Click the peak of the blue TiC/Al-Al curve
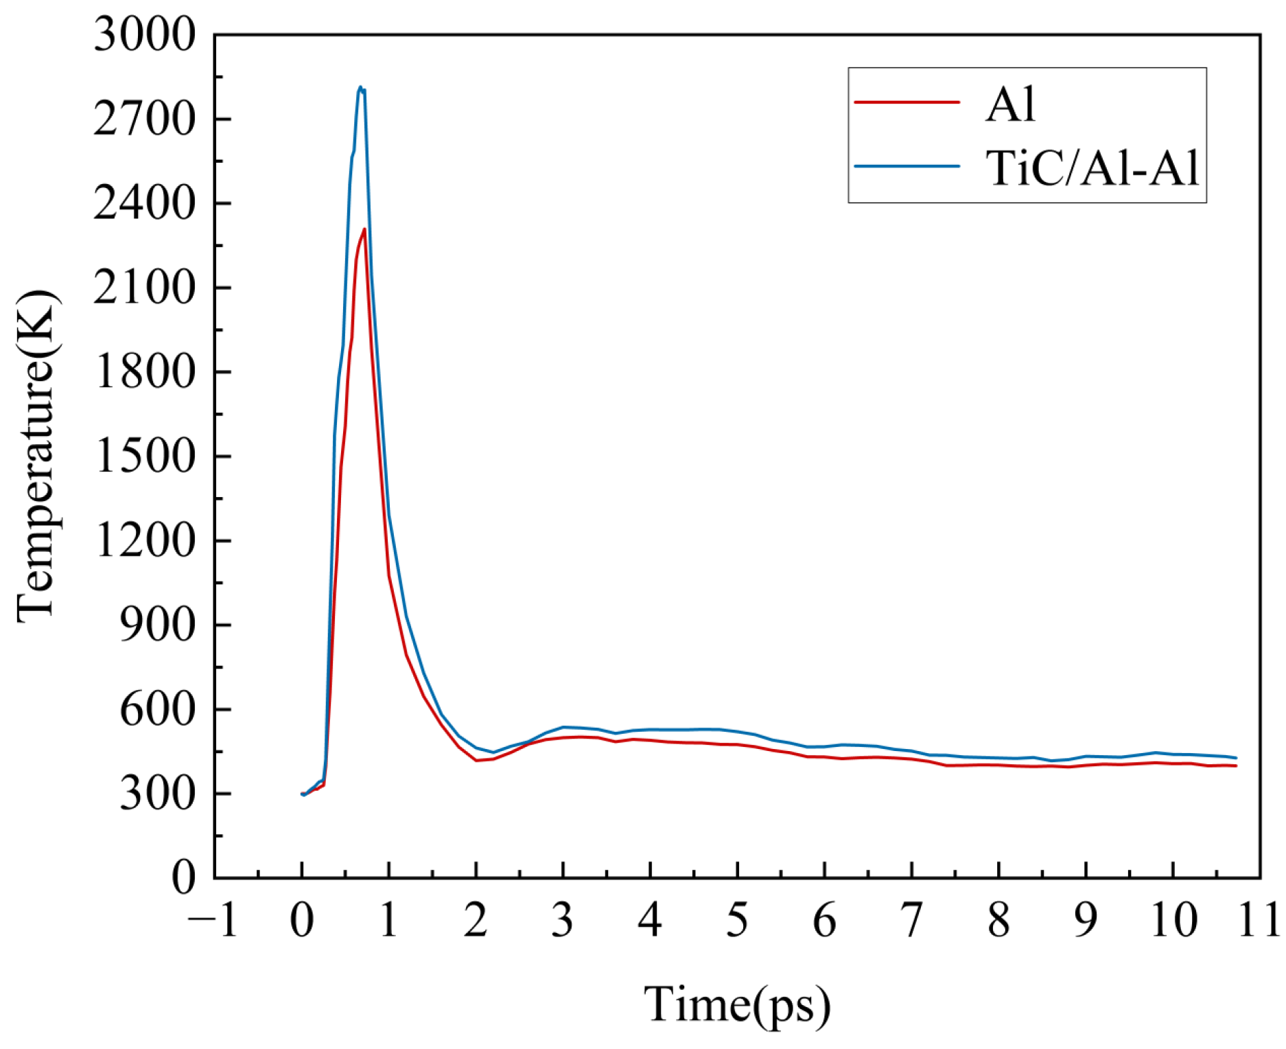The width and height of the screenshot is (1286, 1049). click(360, 87)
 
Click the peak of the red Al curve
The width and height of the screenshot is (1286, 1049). click(364, 229)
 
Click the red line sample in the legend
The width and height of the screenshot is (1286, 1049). click(907, 102)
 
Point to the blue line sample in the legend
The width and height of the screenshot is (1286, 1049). click(907, 165)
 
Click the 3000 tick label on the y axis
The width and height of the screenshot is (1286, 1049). click(144, 34)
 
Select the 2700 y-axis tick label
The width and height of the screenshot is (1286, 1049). click(144, 119)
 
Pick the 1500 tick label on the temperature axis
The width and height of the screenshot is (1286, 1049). click(144, 457)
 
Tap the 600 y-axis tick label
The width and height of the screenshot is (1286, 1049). click(157, 709)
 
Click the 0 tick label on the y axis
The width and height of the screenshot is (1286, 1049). click(183, 878)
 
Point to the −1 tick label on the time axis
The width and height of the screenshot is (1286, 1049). click(213, 920)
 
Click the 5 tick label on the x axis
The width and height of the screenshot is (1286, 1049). click(737, 920)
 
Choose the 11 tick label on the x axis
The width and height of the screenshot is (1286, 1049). click(1259, 920)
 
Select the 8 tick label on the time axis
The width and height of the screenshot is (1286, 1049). click(998, 920)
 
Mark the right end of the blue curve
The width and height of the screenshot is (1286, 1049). click(1235, 758)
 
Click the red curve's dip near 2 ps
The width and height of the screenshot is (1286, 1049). click(476, 760)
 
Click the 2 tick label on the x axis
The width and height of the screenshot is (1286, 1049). click(476, 920)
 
